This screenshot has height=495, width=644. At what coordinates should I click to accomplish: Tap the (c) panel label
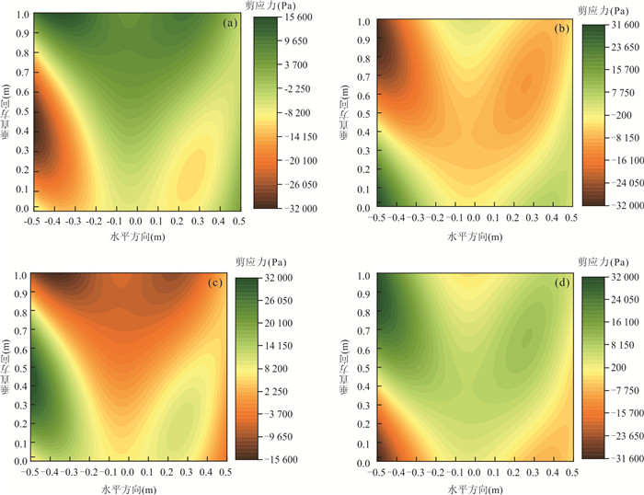(x=214, y=283)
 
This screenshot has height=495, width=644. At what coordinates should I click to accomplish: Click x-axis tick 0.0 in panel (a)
(x=135, y=223)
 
